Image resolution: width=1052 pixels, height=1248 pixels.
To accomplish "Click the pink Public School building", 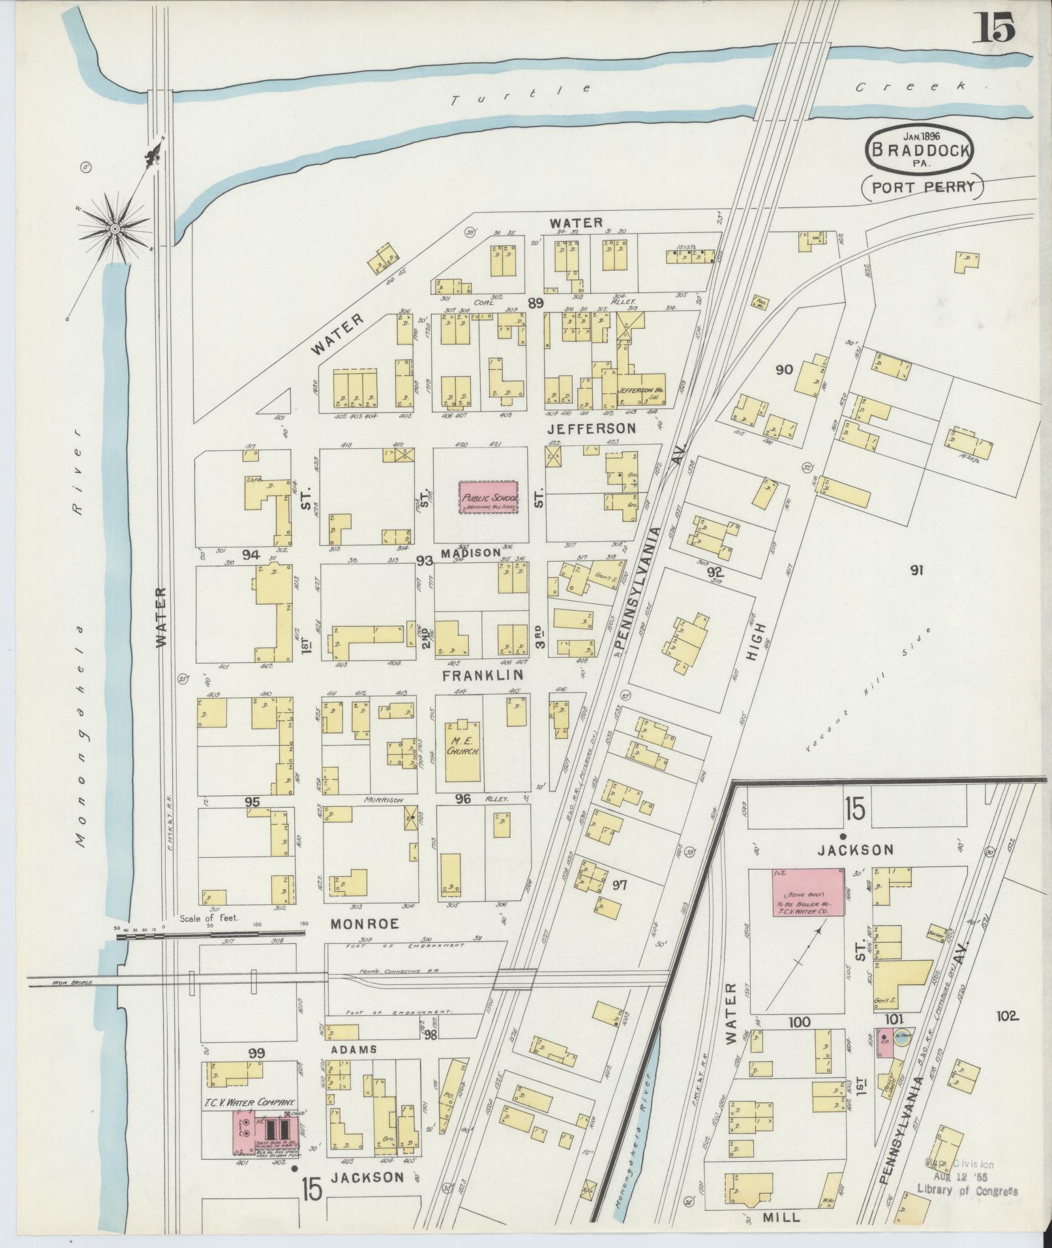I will coord(488,497).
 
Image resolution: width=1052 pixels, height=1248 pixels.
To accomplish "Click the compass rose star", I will coord(115,228).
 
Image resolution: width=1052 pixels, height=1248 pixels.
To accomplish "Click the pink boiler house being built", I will coord(809,901).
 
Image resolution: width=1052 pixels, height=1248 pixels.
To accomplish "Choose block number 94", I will coord(250,555).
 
